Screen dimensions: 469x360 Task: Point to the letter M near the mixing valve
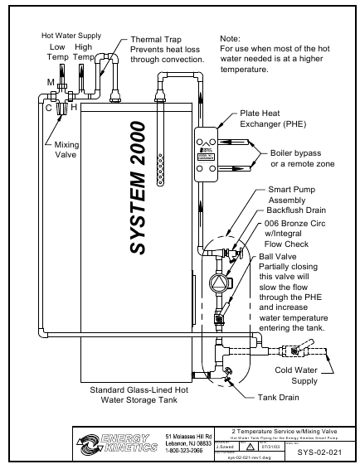pos(51,83)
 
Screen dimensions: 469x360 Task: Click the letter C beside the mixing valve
pos(48,108)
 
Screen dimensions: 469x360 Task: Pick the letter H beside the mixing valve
pos(74,108)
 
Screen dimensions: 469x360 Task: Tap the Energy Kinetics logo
pos(117,443)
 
